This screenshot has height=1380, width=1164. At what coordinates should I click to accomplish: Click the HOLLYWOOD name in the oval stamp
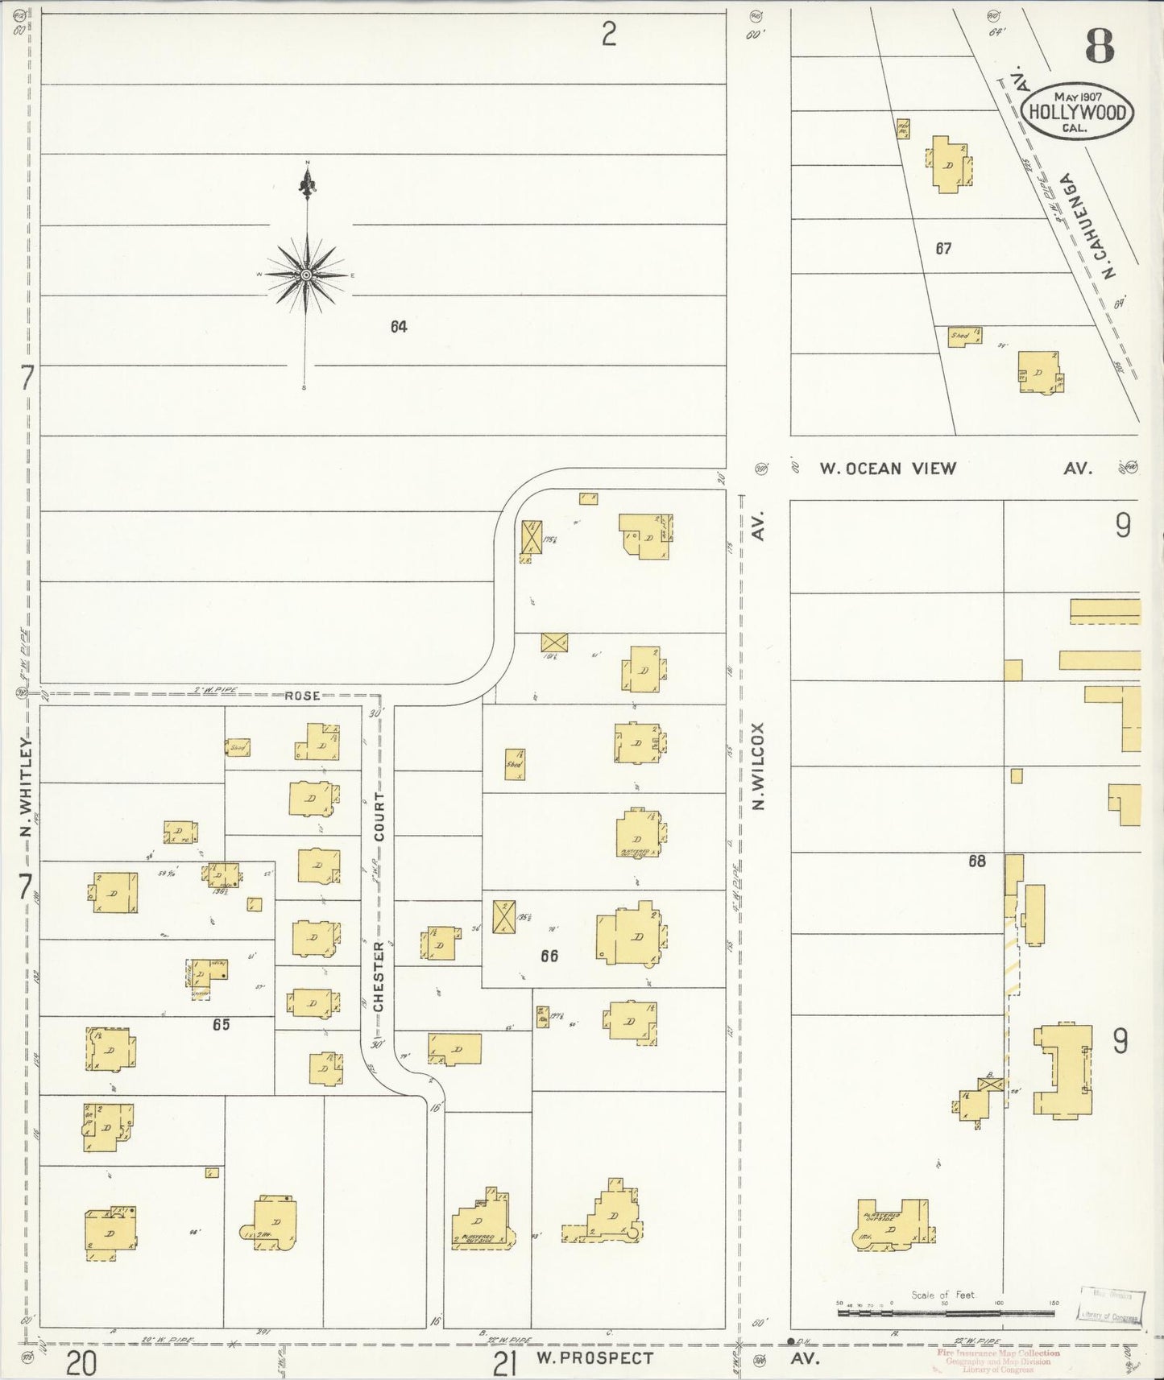coord(1077,112)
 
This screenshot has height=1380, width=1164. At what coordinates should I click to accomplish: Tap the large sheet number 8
coord(1100,46)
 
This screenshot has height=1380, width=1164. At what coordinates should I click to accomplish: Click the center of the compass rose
coord(306,275)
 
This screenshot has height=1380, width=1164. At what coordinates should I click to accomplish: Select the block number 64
coord(399,327)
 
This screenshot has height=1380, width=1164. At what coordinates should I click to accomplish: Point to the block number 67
coord(943,249)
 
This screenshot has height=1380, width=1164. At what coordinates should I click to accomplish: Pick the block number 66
coord(549,956)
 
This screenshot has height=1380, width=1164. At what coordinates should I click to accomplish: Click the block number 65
coord(221,1025)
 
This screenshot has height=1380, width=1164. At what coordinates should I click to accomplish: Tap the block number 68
coord(976,861)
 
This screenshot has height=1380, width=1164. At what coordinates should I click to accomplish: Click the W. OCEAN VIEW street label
coord(888,469)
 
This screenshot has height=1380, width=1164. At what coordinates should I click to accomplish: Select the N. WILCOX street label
coord(757,766)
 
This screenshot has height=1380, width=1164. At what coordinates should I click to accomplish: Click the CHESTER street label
coord(379,977)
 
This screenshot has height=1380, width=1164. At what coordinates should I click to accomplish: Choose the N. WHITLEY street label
coord(26,787)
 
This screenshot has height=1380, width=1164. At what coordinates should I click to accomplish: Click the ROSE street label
coord(302,696)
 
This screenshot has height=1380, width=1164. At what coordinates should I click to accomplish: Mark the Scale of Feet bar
coord(946,1312)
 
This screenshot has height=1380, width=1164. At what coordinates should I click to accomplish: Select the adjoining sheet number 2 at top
coord(609,35)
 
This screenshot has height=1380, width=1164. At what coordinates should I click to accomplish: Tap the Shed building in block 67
coord(963,337)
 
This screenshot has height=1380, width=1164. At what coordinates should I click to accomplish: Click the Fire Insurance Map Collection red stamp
coord(998,1353)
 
